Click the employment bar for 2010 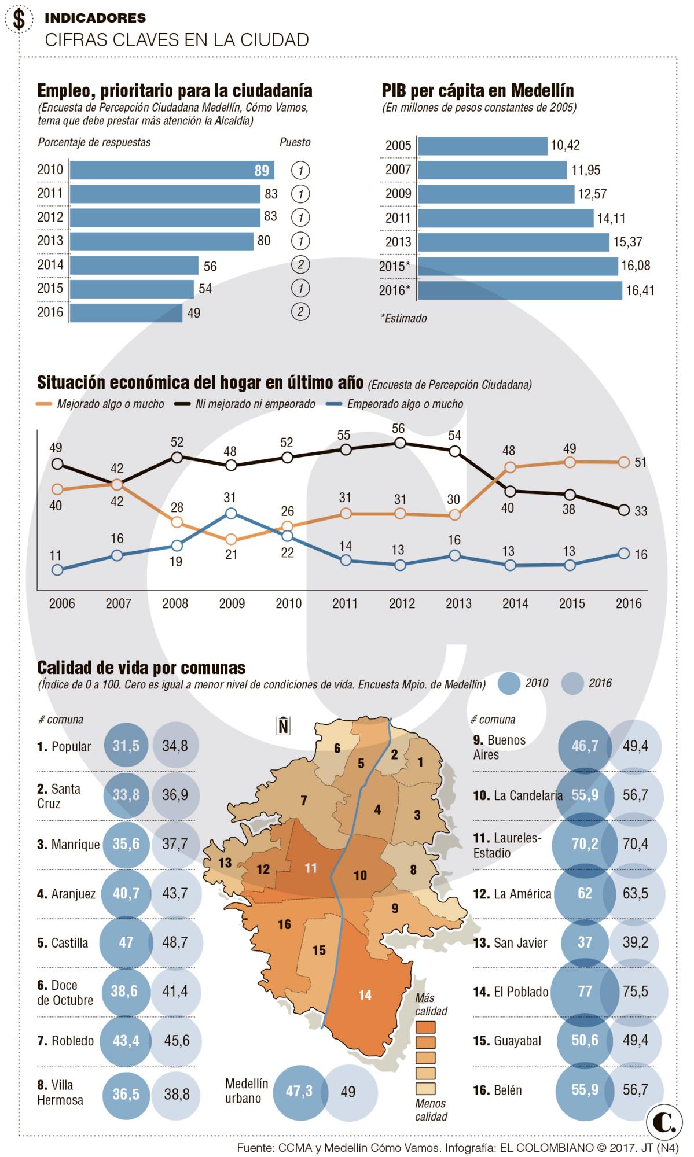click(x=171, y=170)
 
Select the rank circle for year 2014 click(x=300, y=265)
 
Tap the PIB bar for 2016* click(x=519, y=290)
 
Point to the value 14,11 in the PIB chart click(x=611, y=219)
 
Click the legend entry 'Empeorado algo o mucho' click(x=405, y=404)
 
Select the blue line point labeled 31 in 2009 click(x=231, y=513)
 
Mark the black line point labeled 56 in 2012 click(x=399, y=443)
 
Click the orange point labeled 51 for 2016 click(x=623, y=462)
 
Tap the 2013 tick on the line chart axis click(x=458, y=603)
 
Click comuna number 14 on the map click(x=365, y=995)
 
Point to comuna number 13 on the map click(x=225, y=863)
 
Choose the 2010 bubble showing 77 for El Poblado click(x=585, y=992)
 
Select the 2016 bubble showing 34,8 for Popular click(x=175, y=746)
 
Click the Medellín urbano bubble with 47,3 click(x=299, y=1091)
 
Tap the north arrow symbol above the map click(x=283, y=725)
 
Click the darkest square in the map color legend click(x=425, y=1027)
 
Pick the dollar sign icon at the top click(x=19, y=20)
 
